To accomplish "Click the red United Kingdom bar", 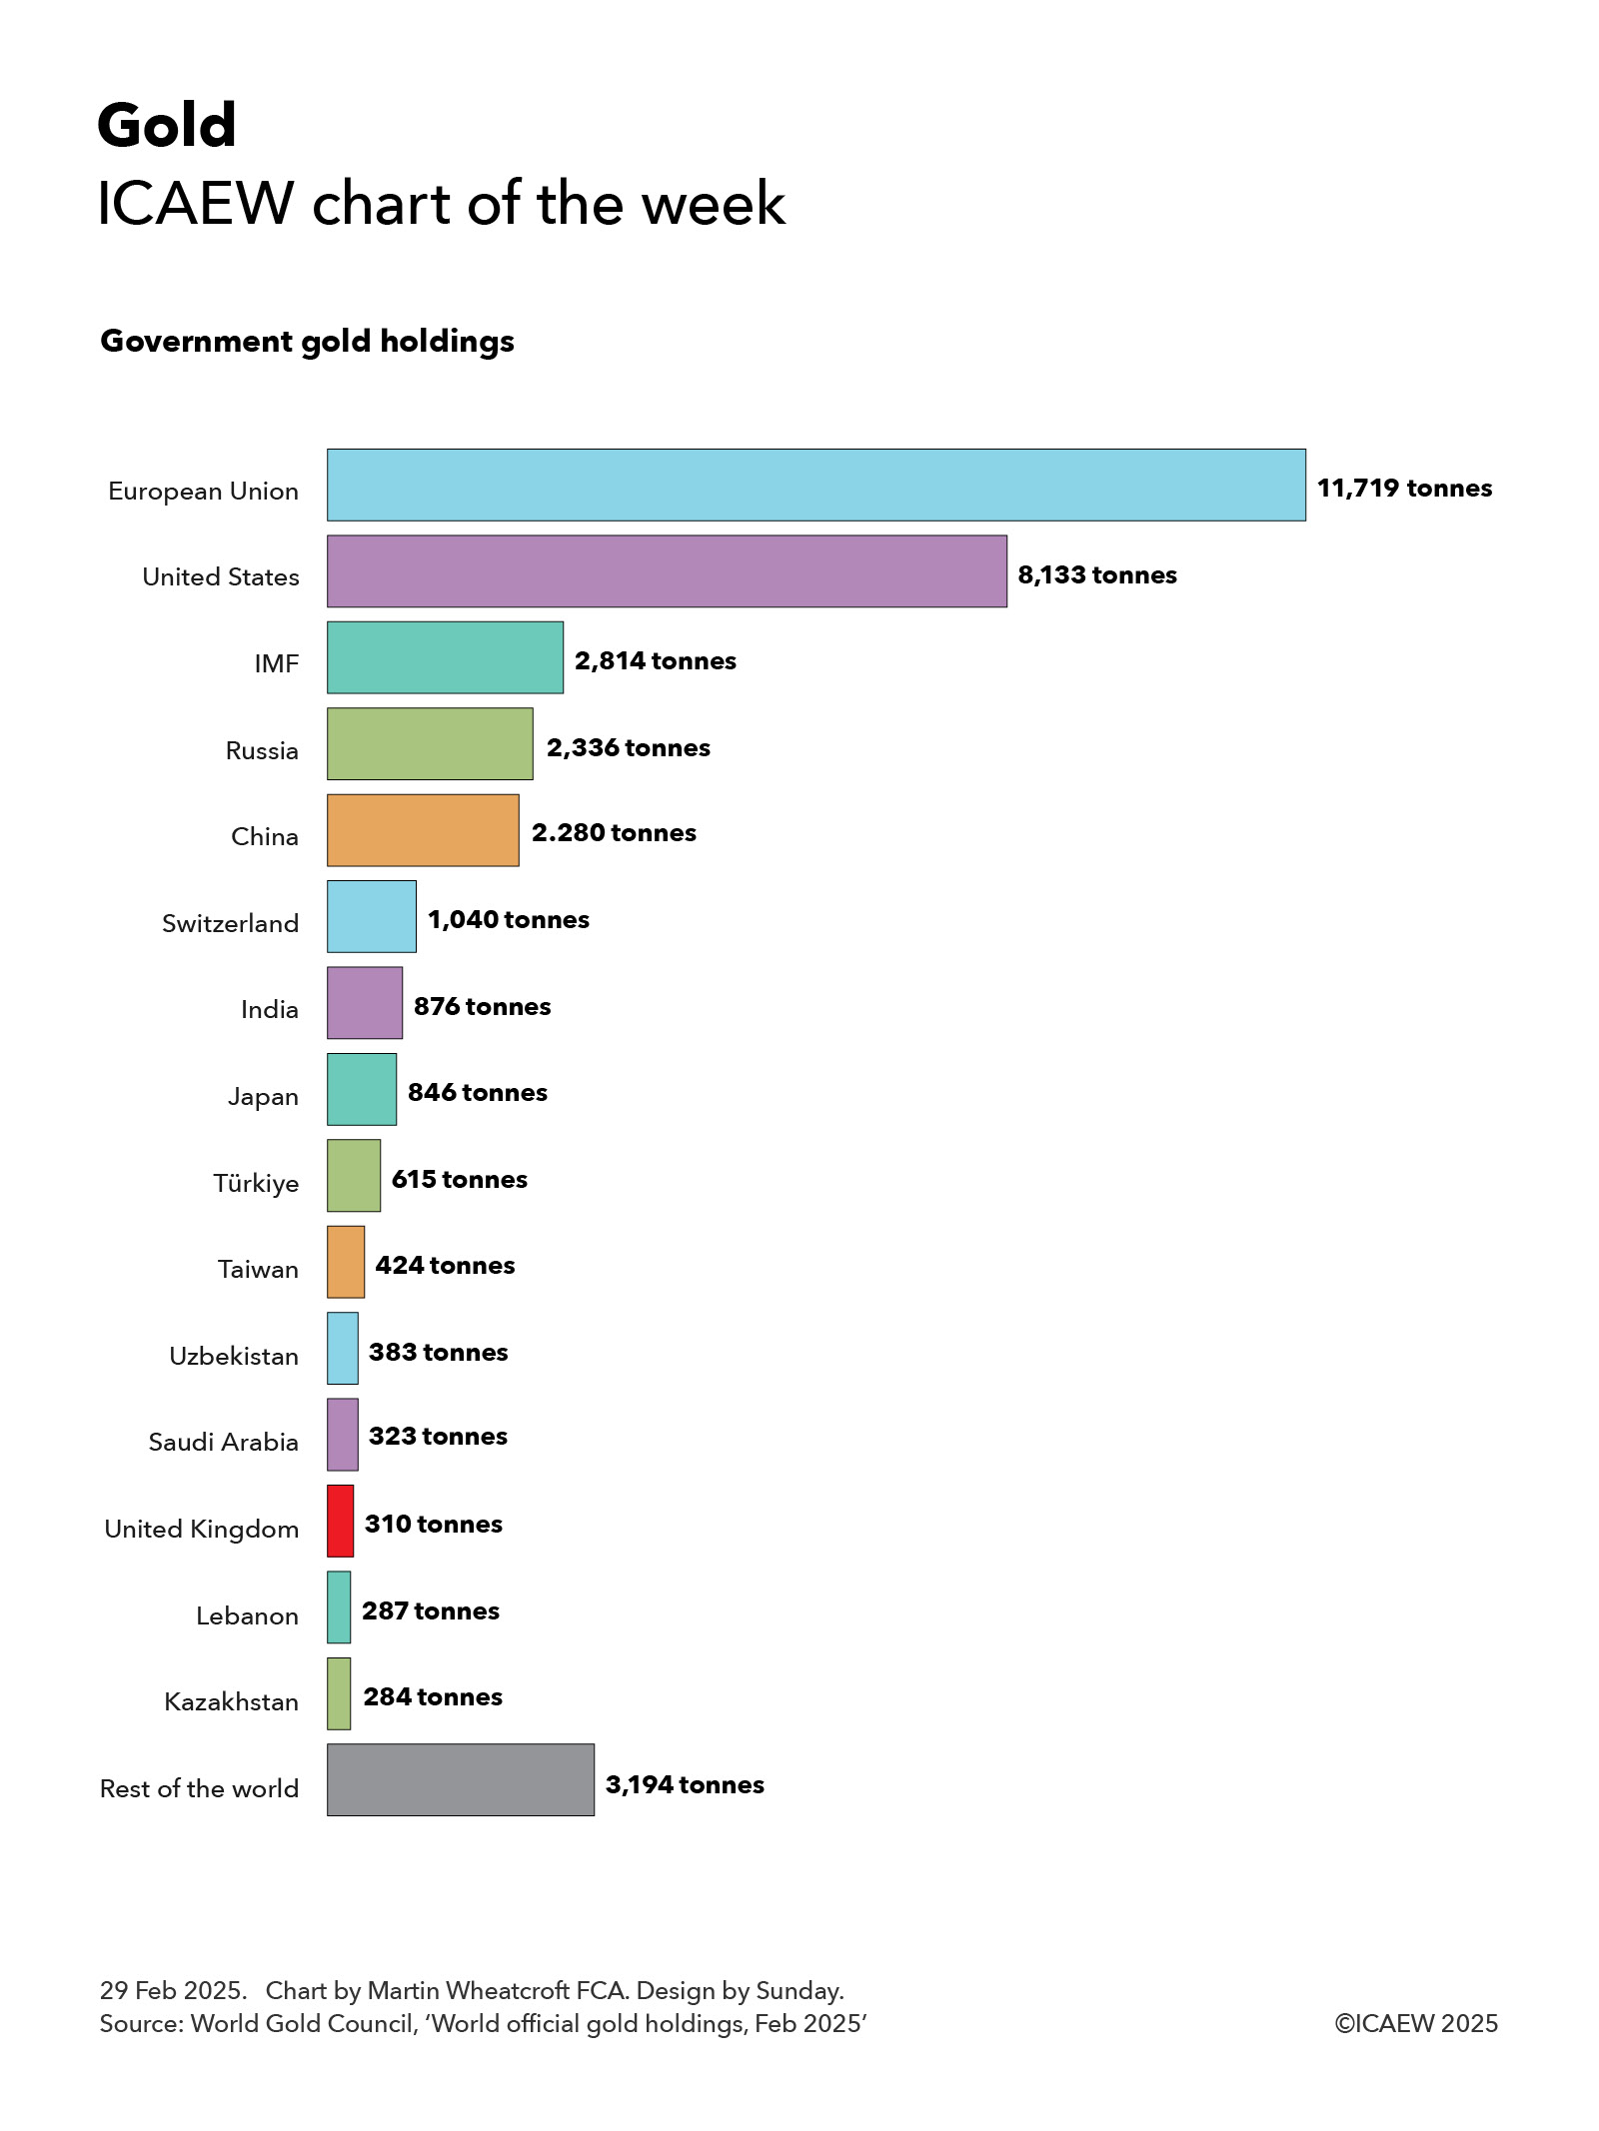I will click(x=340, y=1521).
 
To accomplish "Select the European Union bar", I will click(x=815, y=485).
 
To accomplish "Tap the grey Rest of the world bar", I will click(x=460, y=1779).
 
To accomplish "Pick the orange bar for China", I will click(x=423, y=830).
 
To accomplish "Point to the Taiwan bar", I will click(x=346, y=1262).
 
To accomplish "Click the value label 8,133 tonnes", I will click(x=1096, y=574).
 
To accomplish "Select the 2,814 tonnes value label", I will click(x=655, y=660).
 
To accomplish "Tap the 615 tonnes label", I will click(x=459, y=1179).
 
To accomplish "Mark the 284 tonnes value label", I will click(x=432, y=1696).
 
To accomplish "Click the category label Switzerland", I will click(x=230, y=923).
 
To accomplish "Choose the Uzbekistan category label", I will click(x=233, y=1356).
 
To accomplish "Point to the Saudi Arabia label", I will click(x=223, y=1442).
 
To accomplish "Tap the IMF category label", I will click(x=276, y=664).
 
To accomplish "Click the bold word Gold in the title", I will click(x=167, y=126).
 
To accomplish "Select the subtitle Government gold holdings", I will click(x=307, y=342).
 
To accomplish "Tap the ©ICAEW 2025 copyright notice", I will click(x=1415, y=2023).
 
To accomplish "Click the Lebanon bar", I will click(x=339, y=1606).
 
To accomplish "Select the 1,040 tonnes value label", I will click(x=508, y=919).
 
